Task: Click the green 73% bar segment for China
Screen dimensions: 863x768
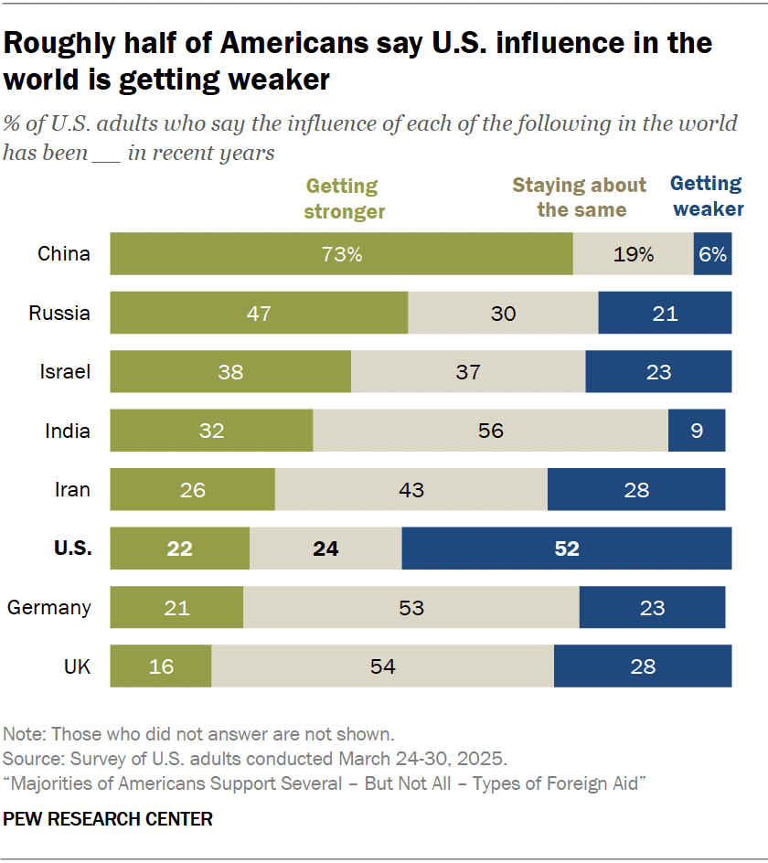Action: (x=341, y=254)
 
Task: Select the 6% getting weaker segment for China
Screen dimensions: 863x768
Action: (x=712, y=254)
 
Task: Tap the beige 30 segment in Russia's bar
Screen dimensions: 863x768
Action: (x=503, y=314)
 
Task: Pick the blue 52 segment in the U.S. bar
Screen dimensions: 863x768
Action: (x=566, y=549)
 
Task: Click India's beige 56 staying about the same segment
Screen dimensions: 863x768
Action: (x=490, y=431)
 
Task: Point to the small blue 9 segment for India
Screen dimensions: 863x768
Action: (x=697, y=431)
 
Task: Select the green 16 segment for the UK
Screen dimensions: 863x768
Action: (x=161, y=666)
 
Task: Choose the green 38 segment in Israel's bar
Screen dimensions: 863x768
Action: (x=230, y=372)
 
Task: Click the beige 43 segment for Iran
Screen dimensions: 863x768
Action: (x=411, y=490)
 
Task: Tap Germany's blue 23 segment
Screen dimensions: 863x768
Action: (x=652, y=607)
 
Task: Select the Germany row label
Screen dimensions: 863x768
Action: (x=48, y=607)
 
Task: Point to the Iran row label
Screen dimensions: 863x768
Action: (x=72, y=490)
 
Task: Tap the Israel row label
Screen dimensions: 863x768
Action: (x=65, y=372)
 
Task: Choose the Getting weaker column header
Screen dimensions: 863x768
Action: (x=707, y=197)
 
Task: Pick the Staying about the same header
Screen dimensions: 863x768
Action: (x=580, y=197)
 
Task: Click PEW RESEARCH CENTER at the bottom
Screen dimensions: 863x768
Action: (x=108, y=819)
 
